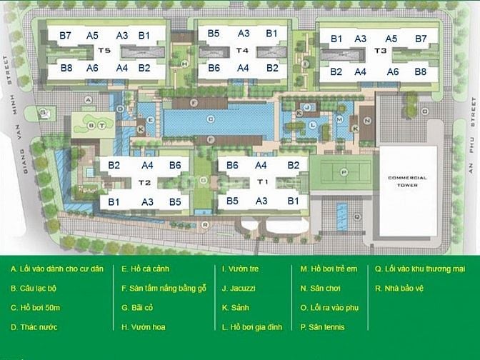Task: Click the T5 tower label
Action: coord(104,51)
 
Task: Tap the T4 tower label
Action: coord(243,51)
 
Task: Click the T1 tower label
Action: coord(262,181)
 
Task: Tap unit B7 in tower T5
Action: coord(66,36)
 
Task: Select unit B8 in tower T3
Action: coord(420,72)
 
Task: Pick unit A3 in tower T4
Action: coord(244,34)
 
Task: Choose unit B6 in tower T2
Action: coord(175,166)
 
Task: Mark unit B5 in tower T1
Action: coord(232,201)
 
